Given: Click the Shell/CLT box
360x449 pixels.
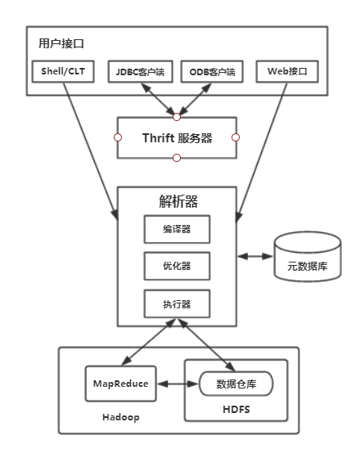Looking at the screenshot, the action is point(63,72).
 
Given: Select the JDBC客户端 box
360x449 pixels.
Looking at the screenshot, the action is point(141,72).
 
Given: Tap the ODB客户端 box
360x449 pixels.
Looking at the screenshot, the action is point(212,72).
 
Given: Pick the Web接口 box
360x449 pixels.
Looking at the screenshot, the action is point(287,72).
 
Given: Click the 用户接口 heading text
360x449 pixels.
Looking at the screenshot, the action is point(61,43).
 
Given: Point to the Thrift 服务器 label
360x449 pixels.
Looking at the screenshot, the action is point(178,138).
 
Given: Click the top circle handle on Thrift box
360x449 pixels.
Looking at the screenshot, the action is point(177,117).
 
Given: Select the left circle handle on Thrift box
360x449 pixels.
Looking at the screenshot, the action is point(118,137).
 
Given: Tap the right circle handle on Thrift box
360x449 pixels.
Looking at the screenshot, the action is point(236,137).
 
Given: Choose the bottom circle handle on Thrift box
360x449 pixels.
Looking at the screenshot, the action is point(177,158).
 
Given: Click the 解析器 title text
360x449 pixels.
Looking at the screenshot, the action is point(178,201).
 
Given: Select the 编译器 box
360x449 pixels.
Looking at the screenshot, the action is point(177,229).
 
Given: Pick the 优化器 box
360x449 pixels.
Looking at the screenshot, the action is point(177,266).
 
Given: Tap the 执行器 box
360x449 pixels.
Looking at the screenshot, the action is point(177,303).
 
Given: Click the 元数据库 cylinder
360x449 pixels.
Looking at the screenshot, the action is point(308,257).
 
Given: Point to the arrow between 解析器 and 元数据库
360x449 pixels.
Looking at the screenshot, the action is point(255,256).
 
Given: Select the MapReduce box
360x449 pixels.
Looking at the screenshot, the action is point(121,384).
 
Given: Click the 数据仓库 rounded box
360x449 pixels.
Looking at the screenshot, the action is point(236,384).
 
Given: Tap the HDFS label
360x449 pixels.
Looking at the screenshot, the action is point(236,410).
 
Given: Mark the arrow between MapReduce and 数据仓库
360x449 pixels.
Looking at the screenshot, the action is point(178,384).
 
